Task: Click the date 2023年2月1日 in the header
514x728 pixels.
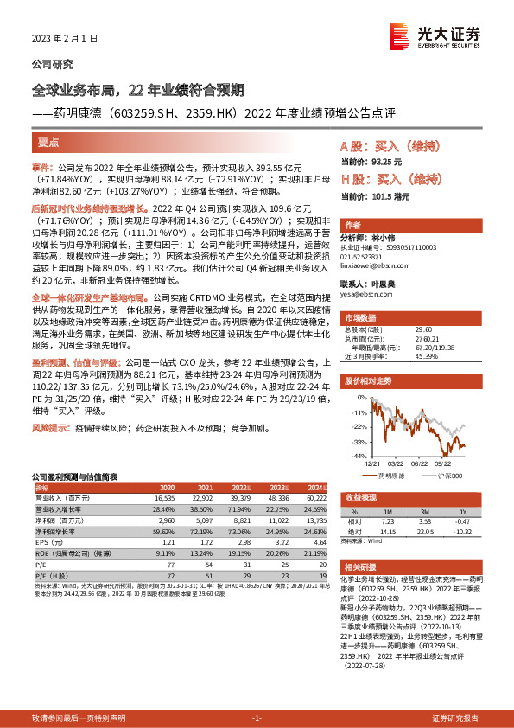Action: click(61, 39)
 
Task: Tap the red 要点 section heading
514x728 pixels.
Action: click(50, 140)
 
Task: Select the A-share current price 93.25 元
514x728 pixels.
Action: click(379, 162)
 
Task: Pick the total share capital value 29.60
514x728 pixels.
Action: click(424, 329)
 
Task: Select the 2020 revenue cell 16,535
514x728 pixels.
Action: click(165, 498)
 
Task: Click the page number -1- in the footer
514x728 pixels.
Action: click(257, 718)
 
